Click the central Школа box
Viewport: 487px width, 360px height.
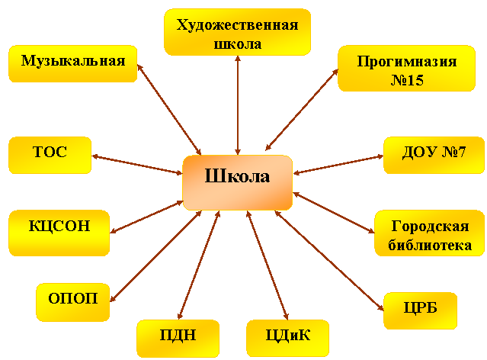238,183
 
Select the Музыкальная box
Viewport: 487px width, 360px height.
73,64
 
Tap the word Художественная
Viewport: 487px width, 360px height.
238,25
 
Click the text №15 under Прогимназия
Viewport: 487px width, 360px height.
407,80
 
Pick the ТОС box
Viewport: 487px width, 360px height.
50,155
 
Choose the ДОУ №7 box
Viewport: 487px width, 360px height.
434,155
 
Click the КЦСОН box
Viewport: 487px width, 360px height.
59,233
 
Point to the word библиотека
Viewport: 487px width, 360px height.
430,246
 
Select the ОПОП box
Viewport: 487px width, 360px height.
73,302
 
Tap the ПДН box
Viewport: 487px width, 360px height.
178,339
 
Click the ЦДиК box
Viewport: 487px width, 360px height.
287,339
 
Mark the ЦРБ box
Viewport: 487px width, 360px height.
420,311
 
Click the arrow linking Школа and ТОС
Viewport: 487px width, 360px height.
137,165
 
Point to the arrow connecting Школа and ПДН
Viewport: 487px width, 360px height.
199,265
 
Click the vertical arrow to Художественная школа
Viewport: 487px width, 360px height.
238,105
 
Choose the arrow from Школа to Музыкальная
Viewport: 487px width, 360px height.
169,109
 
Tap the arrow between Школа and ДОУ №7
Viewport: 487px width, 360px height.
338,165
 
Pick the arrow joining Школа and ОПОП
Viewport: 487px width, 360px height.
156,256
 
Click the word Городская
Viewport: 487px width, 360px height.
430,226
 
